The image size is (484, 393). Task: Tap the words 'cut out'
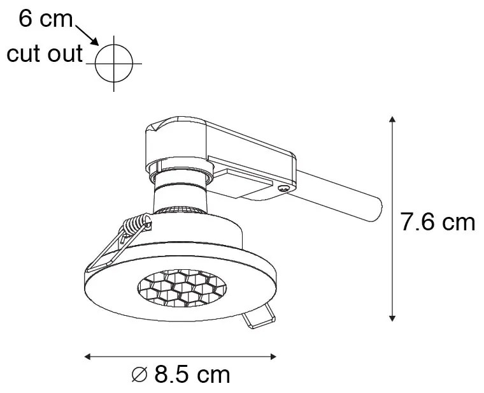coord(45,54)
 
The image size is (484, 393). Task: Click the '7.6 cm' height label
coord(438,222)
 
